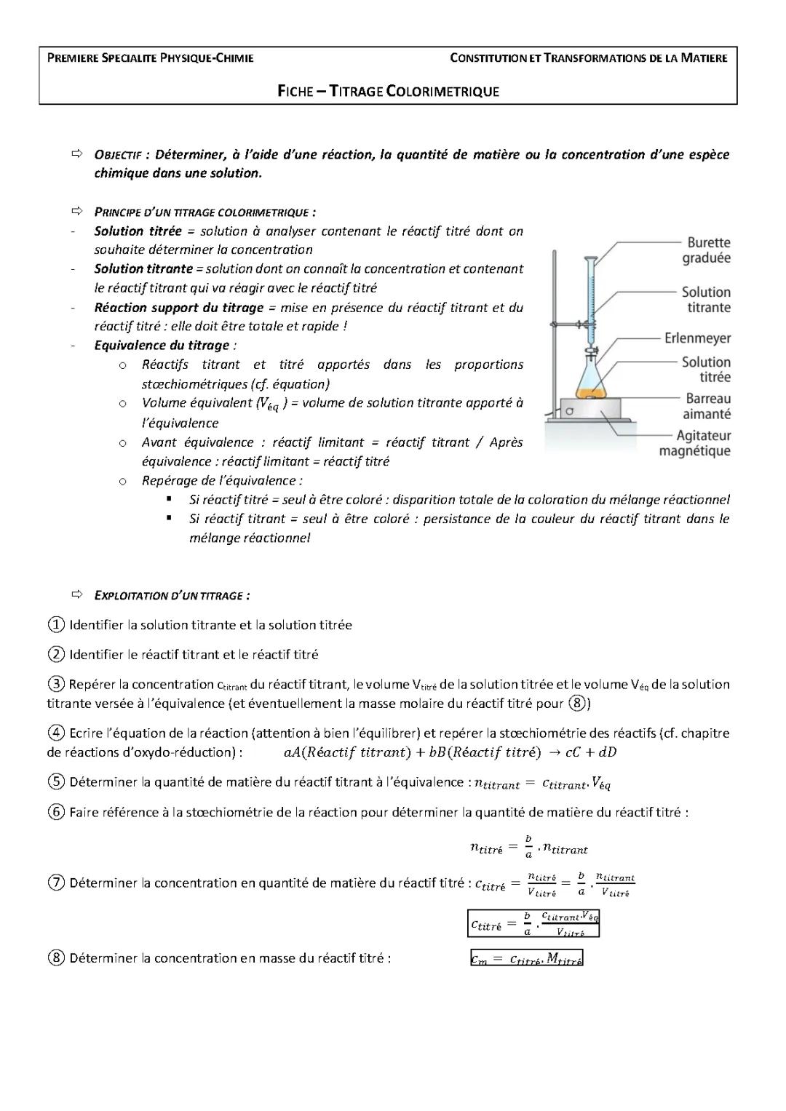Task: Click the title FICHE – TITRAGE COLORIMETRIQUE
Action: pos(389,91)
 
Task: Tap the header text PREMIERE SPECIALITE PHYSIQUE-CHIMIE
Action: pos(151,58)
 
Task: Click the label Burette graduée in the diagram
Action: pos(707,250)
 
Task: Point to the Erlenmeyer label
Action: pos(697,338)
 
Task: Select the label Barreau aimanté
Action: pos(707,406)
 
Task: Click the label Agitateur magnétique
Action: pos(695,443)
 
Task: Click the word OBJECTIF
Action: pos(117,155)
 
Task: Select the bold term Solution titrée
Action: pos(138,231)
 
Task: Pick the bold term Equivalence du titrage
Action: pos(162,346)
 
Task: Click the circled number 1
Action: pos(55,625)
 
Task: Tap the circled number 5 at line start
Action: pos(56,782)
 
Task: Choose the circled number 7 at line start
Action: pos(56,883)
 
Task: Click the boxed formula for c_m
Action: pos(527,959)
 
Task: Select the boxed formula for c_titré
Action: pos(533,923)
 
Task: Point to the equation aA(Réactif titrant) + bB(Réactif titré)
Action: pos(449,752)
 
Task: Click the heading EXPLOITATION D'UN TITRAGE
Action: pos(172,596)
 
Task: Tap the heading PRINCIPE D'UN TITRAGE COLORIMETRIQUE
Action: pos(205,212)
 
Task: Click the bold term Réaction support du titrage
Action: pos(178,308)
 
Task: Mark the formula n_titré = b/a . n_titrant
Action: pos(529,847)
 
